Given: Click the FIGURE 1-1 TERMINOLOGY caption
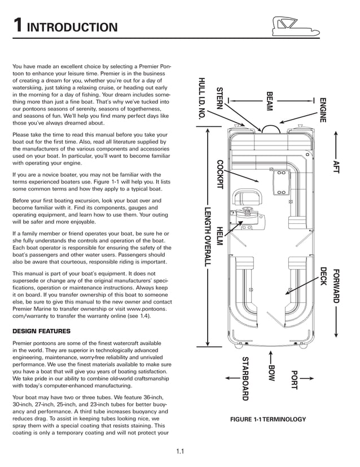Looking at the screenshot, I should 267,419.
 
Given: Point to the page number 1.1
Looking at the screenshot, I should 180,451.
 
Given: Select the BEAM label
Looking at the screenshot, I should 269,102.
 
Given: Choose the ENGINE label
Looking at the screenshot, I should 323,111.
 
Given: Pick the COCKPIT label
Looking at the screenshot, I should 220,175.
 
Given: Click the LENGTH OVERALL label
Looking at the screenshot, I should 207,237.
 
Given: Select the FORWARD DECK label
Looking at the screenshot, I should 331,285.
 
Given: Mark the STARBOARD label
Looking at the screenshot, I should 245,378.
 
